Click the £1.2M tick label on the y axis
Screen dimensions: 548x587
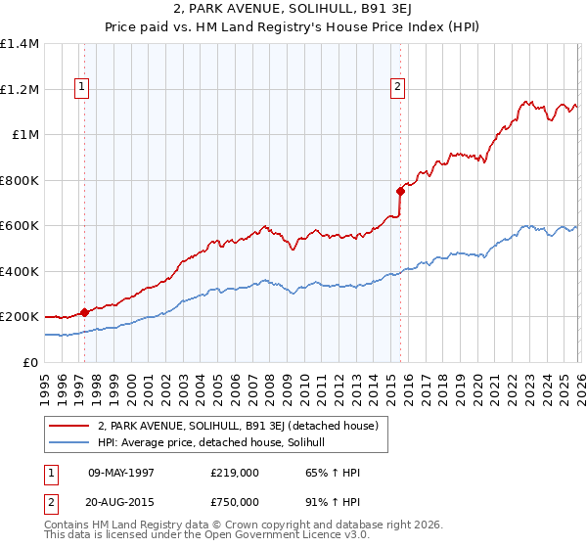coord(20,89)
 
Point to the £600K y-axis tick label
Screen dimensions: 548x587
coord(20,226)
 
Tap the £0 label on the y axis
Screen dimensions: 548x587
coord(31,363)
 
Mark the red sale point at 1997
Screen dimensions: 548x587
coord(85,312)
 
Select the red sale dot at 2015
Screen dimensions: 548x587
coord(400,191)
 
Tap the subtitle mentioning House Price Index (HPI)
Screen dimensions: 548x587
coord(293,28)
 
